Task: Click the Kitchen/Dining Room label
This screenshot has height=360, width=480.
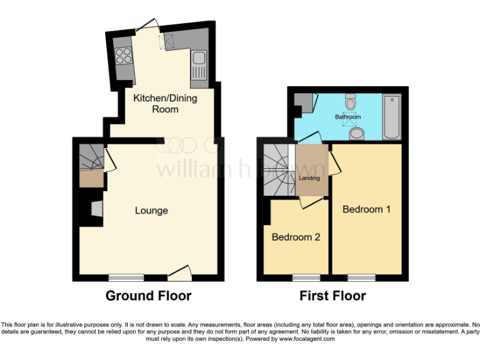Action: click(x=156, y=103)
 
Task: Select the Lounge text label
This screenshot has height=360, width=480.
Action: click(x=151, y=211)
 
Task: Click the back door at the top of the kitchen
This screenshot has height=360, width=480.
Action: click(x=148, y=25)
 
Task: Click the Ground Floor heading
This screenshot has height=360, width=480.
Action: click(x=148, y=296)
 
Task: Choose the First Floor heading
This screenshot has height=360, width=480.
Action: click(x=332, y=296)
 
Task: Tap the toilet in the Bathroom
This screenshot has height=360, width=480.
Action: click(x=351, y=101)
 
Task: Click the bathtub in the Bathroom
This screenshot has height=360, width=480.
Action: click(x=392, y=117)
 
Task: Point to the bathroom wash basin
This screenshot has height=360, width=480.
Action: click(x=357, y=133)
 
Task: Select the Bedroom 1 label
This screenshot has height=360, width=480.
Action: click(x=366, y=209)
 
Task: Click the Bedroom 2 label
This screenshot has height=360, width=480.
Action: click(x=296, y=237)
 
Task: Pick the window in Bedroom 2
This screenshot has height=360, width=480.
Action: click(x=306, y=277)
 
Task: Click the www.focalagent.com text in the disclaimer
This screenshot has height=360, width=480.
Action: click(x=307, y=339)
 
